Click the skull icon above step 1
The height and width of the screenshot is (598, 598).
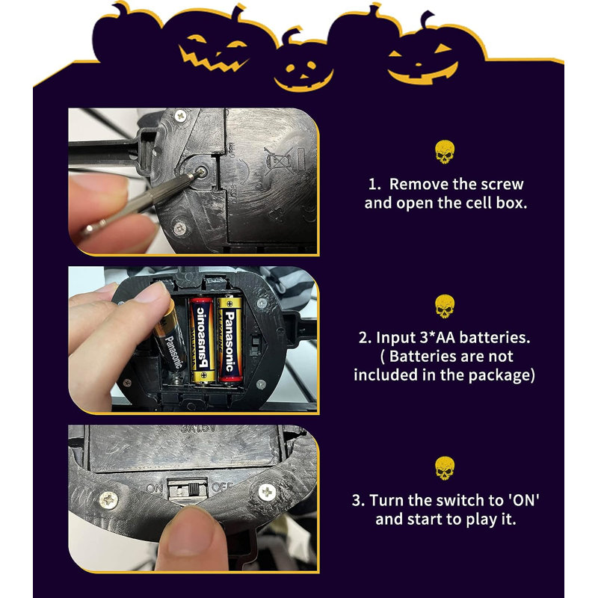pos(444,152)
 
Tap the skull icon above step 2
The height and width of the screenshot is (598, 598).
pos(444,306)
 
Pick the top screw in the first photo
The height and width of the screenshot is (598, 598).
pos(179,116)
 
